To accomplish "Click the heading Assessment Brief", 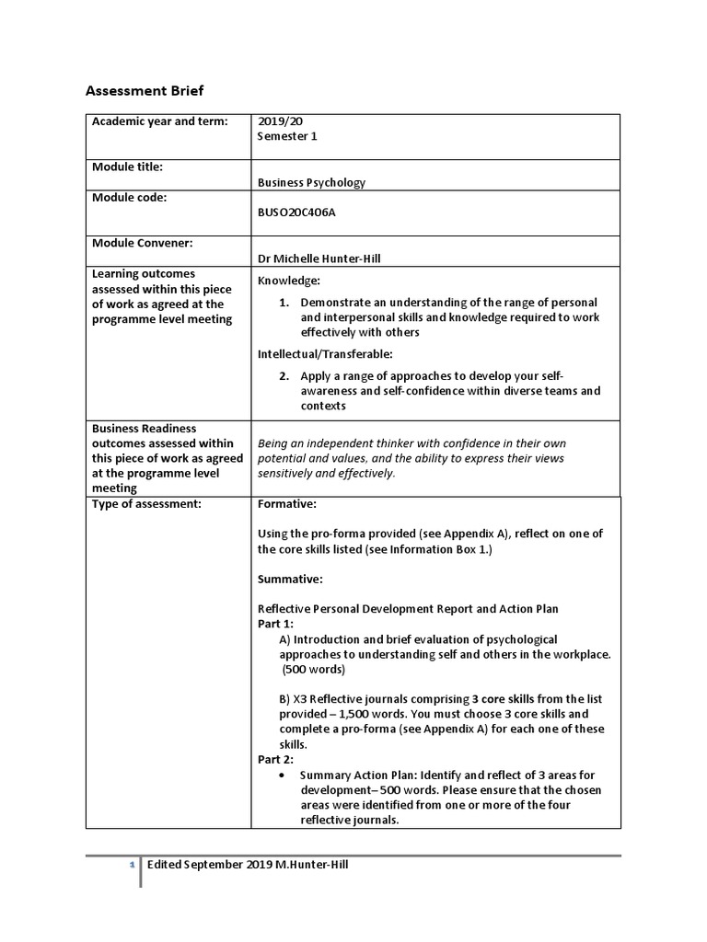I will (145, 90).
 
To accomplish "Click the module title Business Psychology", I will (311, 182).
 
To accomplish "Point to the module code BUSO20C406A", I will (298, 212).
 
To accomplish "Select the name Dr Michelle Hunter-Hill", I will (319, 258).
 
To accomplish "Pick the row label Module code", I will (129, 197).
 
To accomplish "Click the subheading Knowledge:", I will (289, 280).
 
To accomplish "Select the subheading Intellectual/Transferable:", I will (325, 353).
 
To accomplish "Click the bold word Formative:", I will (287, 504).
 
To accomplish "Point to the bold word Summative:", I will (290, 580).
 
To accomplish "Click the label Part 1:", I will (275, 624).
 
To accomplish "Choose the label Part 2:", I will (275, 760).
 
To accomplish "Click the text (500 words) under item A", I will (313, 669).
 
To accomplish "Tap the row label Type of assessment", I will (145, 504).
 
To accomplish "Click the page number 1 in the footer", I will (132, 865).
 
